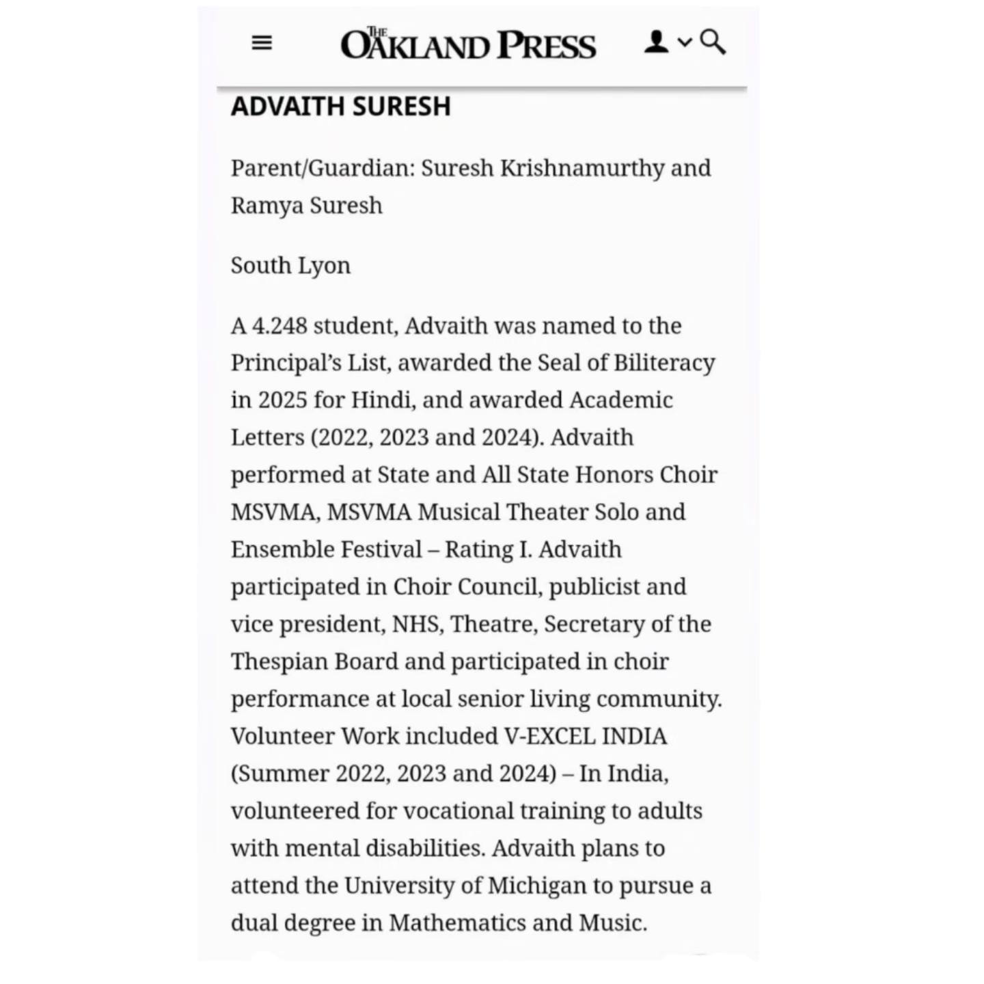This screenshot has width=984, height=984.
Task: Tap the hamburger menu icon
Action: click(x=262, y=43)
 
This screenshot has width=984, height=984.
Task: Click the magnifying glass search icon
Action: click(x=713, y=42)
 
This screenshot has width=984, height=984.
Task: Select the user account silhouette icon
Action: click(x=656, y=42)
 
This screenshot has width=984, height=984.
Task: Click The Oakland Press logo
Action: click(x=468, y=44)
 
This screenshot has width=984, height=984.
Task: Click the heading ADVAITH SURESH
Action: click(x=341, y=107)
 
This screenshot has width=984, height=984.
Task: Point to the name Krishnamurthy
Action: click(x=582, y=168)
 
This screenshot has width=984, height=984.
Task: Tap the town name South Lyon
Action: click(x=290, y=265)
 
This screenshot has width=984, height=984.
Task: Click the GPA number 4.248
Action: click(x=279, y=326)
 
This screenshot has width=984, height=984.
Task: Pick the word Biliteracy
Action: click(x=664, y=363)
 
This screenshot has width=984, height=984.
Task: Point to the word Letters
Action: click(x=267, y=437)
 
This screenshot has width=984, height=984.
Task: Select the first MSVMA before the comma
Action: click(x=273, y=512)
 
